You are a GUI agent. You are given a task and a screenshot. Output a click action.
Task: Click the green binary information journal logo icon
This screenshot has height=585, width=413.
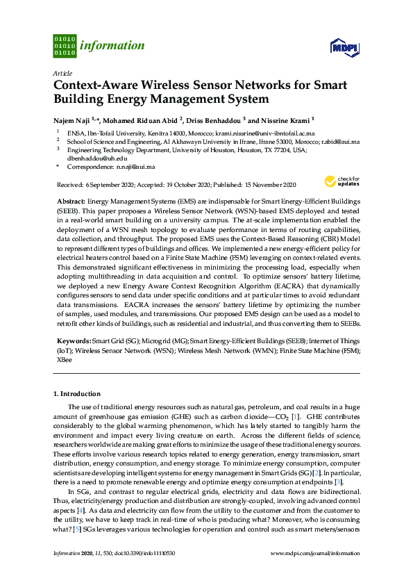(65, 46)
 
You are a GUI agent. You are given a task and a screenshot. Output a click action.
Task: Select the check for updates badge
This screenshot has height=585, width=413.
(343, 182)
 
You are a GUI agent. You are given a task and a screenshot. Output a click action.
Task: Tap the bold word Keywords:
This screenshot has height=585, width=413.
(73, 341)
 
